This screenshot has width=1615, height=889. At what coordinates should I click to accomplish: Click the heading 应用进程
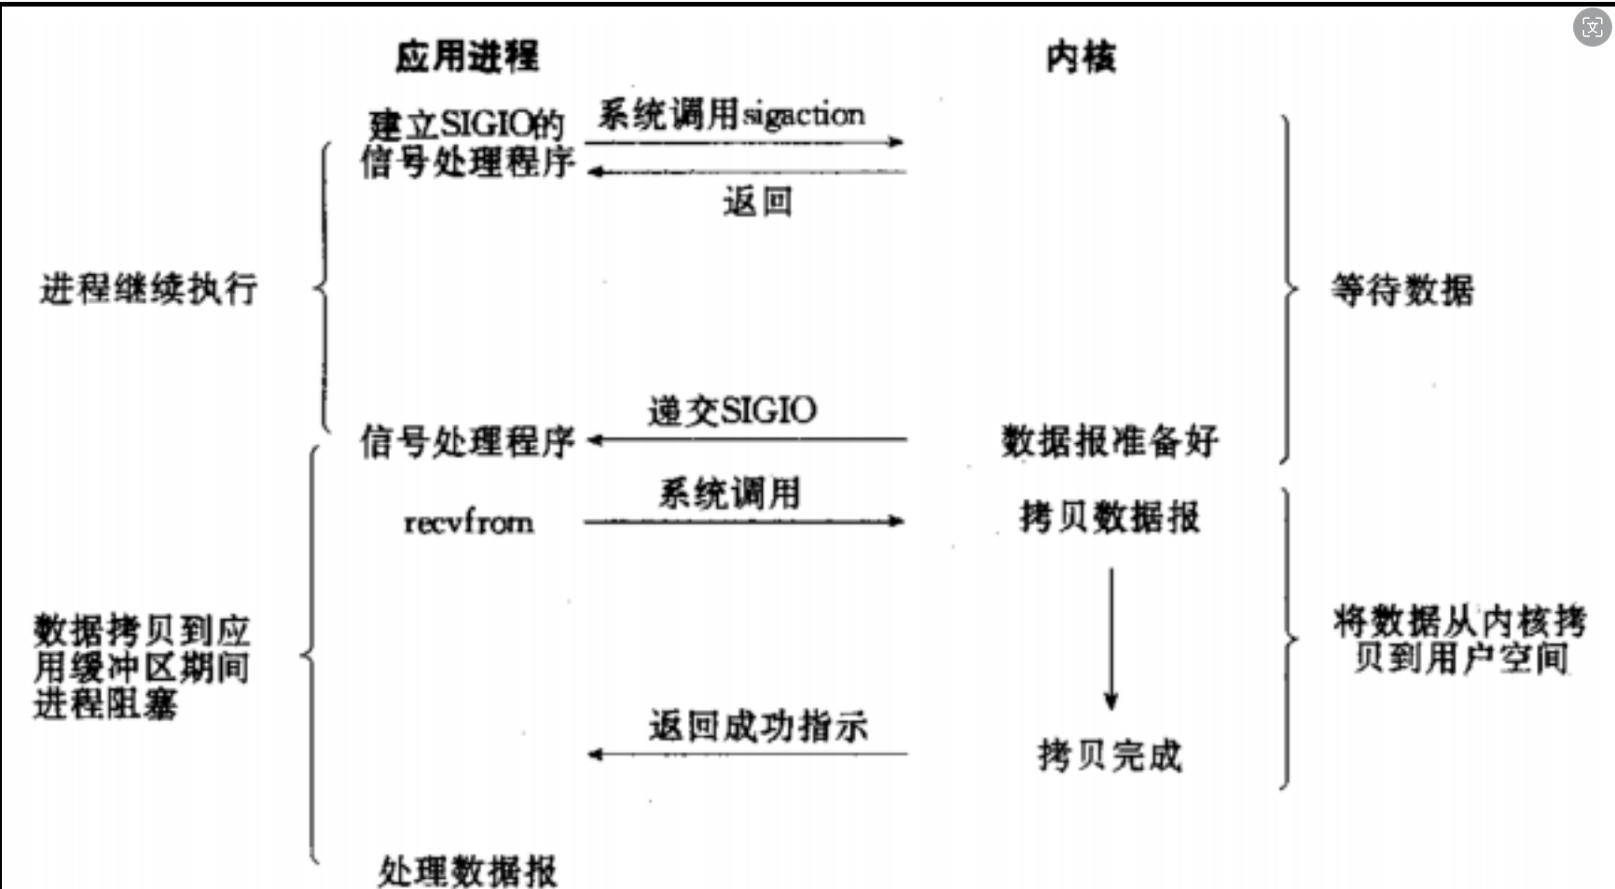point(467,57)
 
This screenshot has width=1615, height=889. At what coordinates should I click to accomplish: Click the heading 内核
point(1081,57)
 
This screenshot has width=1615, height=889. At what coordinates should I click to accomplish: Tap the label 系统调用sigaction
point(731,115)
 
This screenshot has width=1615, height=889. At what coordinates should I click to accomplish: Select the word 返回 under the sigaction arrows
point(757,201)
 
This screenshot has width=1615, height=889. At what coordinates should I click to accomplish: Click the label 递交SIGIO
point(732,410)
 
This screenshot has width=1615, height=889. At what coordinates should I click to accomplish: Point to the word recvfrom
point(469,522)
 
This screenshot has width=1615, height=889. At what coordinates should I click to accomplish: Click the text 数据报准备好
point(1110,440)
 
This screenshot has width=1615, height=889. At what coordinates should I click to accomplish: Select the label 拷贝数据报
point(1110,516)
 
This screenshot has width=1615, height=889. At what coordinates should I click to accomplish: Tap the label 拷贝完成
point(1110,755)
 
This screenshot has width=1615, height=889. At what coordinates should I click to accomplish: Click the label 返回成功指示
point(758,726)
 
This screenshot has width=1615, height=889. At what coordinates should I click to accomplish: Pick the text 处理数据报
point(467,871)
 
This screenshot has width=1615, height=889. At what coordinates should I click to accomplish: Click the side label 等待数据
point(1402,290)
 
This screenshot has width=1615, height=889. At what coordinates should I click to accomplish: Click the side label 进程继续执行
point(148,288)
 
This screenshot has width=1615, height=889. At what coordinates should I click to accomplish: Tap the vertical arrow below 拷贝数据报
point(1111,639)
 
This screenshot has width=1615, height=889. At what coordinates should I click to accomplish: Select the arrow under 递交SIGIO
point(747,439)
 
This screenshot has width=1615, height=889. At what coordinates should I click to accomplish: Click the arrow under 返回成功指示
point(747,754)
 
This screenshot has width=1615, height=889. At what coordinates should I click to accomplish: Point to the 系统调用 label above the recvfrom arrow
point(730,493)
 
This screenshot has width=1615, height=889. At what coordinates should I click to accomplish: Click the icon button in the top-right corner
point(1592,27)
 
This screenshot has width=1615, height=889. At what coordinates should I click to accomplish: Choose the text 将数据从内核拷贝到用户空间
point(1459,639)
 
